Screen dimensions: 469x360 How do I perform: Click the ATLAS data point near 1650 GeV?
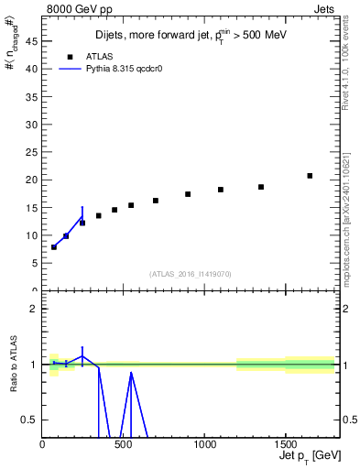(310, 176)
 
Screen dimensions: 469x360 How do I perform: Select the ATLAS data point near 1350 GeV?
(261, 187)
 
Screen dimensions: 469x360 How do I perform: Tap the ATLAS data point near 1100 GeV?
(221, 190)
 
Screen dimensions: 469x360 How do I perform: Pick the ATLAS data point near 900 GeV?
(188, 194)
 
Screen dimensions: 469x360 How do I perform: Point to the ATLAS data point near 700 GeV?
(156, 201)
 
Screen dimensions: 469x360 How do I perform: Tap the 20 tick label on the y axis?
(32, 180)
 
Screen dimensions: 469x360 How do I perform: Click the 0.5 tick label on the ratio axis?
(30, 420)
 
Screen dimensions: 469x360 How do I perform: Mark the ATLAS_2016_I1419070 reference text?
(191, 273)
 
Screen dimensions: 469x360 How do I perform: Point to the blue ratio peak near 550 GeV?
(131, 373)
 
